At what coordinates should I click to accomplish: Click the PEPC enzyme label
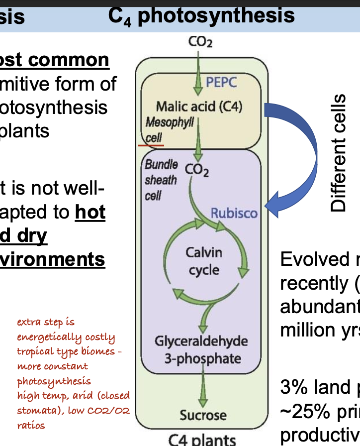tap(222, 83)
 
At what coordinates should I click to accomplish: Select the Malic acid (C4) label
tap(199, 107)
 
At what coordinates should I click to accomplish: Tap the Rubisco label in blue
tap(234, 214)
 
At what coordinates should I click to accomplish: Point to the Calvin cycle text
tap(204, 261)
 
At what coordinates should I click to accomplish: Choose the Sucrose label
tap(203, 415)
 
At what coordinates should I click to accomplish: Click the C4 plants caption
tap(201, 440)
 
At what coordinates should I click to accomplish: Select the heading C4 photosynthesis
tap(201, 15)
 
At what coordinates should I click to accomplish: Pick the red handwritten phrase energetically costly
tap(66, 337)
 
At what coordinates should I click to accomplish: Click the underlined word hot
tap(90, 213)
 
